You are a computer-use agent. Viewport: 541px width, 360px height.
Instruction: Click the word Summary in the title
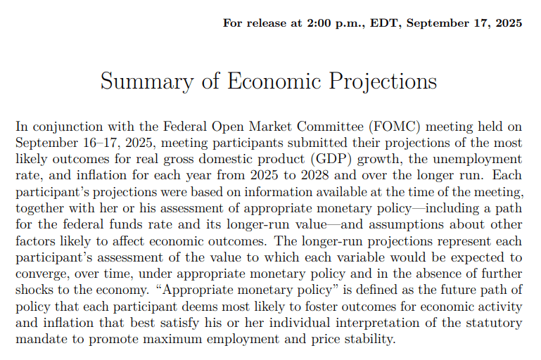click(x=147, y=82)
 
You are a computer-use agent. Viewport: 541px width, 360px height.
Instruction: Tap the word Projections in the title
click(x=383, y=82)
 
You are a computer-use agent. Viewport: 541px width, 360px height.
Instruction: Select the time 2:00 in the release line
click(x=319, y=23)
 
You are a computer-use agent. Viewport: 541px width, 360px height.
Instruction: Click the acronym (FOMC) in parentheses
click(x=395, y=127)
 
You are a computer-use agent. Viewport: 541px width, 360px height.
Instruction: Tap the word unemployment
click(x=477, y=159)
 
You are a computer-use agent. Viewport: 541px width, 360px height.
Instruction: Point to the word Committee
click(x=330, y=127)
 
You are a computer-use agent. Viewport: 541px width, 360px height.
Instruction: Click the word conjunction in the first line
click(x=68, y=127)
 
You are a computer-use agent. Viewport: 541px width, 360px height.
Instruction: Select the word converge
click(x=41, y=274)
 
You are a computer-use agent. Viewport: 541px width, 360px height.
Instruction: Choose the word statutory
click(x=494, y=323)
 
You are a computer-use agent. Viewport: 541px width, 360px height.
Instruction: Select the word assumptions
click(x=406, y=224)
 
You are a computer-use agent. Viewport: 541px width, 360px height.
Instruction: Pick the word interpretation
click(x=378, y=323)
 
